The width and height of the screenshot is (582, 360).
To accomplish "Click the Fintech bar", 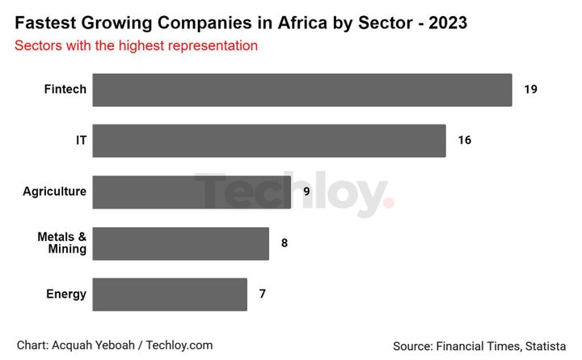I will [x=302, y=90].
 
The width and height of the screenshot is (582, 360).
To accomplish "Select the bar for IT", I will [x=268, y=141].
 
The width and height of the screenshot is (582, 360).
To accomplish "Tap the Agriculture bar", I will [x=192, y=192].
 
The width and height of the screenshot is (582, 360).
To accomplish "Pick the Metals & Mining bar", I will [x=180, y=243].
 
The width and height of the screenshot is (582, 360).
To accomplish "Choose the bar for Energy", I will [x=169, y=294].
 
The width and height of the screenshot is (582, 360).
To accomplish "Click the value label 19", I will [x=530, y=90].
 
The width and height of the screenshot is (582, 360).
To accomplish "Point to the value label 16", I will [x=464, y=141].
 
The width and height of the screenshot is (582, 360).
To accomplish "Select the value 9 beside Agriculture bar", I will [x=306, y=192].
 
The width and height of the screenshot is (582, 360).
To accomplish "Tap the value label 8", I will [x=284, y=243].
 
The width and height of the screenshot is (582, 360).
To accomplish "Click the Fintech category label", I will [x=65, y=90].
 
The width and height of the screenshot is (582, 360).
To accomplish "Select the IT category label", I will [x=80, y=141].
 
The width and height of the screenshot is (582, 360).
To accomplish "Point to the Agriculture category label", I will [x=54, y=192].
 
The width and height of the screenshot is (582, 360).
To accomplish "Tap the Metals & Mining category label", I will [x=62, y=243].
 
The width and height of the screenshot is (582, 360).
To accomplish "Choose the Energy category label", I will [x=65, y=294].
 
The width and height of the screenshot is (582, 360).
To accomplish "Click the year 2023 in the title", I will [x=449, y=23].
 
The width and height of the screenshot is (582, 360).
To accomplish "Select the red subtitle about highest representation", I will [x=136, y=46].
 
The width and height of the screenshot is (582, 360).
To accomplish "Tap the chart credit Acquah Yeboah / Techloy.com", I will [x=114, y=345].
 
